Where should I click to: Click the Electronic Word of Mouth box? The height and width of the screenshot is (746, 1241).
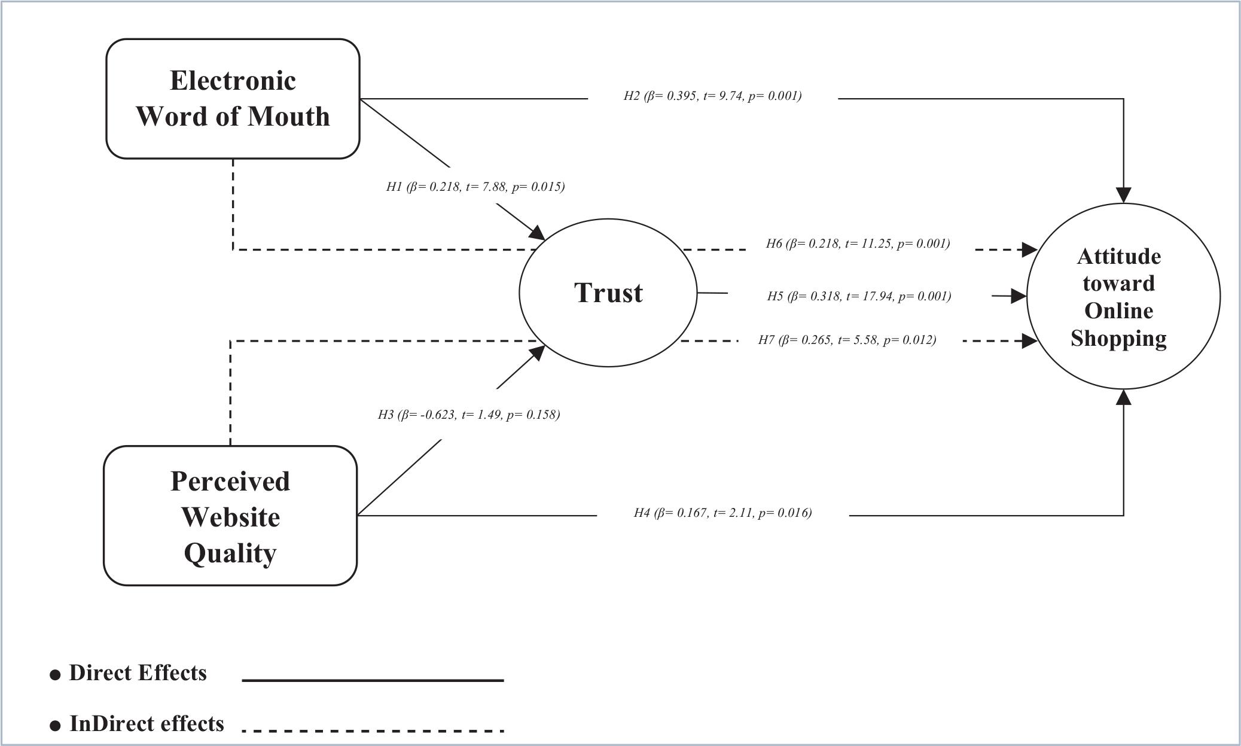pos(233,99)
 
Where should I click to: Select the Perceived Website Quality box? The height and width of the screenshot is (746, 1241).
pos(230,516)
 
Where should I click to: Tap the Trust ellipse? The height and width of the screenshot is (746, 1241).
pos(608,293)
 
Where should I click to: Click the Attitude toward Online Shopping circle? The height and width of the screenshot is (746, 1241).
pos(1123,296)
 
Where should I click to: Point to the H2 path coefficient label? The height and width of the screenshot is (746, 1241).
pos(712,96)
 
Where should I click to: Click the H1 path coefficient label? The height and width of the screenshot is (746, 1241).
pos(475,187)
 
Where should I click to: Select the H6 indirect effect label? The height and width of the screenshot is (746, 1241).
pos(858,243)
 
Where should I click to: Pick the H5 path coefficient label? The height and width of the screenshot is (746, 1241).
pos(859,296)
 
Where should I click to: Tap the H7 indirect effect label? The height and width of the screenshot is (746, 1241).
pos(847,340)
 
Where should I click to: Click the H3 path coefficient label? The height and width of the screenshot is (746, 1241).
pos(468,415)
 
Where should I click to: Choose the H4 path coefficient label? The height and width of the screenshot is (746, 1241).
pos(722,513)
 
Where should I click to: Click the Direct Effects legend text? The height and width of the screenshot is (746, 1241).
pos(138,673)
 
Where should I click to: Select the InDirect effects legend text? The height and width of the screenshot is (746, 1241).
pos(147,724)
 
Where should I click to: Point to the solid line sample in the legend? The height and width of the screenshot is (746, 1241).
pos(373,680)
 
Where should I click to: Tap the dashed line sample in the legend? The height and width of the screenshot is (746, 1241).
pos(373,730)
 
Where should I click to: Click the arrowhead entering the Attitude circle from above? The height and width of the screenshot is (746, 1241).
pos(1123,195)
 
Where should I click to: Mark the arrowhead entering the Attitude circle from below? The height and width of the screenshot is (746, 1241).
pos(1123,397)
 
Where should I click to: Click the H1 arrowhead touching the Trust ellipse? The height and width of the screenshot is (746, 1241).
pos(536,233)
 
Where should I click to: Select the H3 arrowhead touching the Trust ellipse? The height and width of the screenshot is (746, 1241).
pos(536,353)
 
